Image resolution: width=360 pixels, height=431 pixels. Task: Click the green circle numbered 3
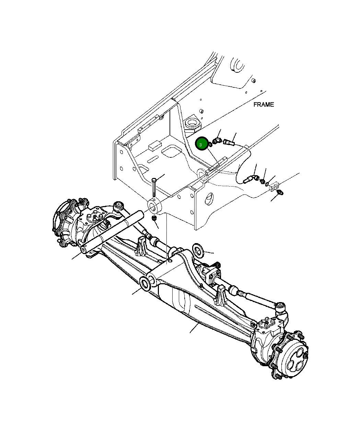[x=201, y=144]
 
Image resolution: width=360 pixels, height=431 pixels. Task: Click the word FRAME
[x=264, y=105]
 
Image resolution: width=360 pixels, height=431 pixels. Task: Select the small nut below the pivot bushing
[x=154, y=218]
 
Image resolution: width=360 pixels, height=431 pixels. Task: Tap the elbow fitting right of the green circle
[x=217, y=141]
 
